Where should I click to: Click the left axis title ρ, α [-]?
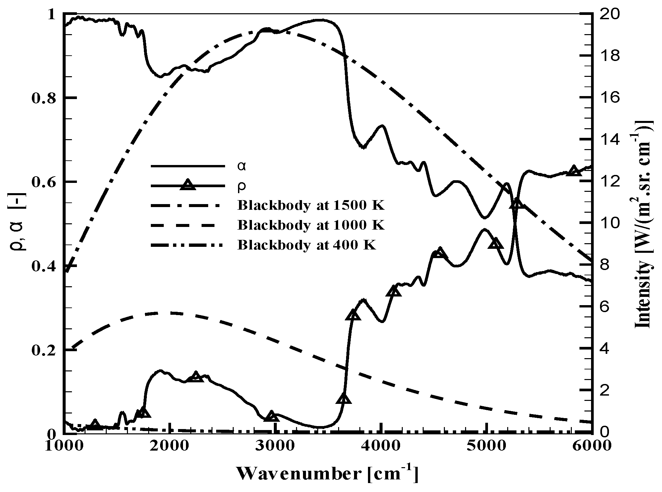(18, 224)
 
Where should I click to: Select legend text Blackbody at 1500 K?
(311, 206)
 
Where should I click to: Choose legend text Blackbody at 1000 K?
(311, 225)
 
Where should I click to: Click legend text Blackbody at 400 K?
(307, 245)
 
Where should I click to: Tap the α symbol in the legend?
(242, 166)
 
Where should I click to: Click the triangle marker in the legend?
(188, 185)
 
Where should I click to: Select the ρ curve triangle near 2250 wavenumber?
(196, 376)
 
